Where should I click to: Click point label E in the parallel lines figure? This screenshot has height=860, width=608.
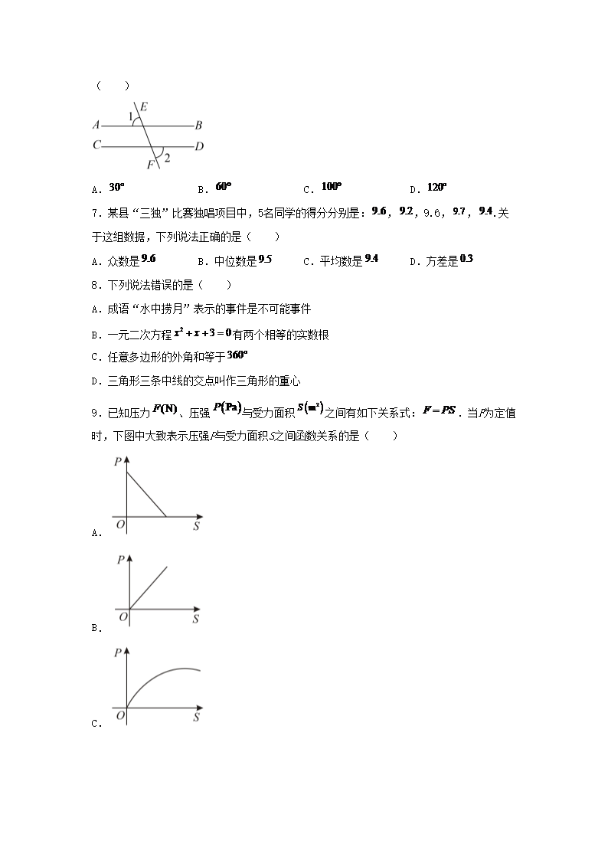(x=144, y=107)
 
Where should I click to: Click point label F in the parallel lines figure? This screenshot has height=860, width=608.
(x=150, y=165)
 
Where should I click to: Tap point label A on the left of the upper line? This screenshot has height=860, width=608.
(x=96, y=125)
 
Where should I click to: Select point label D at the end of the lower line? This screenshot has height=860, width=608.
(x=199, y=146)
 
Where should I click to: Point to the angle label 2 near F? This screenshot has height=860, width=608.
(x=167, y=158)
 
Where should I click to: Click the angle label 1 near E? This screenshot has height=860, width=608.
(x=131, y=116)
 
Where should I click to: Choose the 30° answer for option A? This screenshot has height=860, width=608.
(x=116, y=187)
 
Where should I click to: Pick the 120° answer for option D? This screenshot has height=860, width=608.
(x=436, y=187)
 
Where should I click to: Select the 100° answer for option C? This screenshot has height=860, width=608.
(x=332, y=187)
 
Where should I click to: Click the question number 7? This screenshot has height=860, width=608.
(x=93, y=214)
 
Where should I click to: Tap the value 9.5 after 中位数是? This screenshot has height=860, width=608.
(x=265, y=260)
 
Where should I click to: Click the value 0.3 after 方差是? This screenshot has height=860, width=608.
(x=466, y=260)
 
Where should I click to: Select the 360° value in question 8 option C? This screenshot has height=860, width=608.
(x=238, y=355)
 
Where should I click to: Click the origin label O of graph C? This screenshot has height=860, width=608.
(x=120, y=715)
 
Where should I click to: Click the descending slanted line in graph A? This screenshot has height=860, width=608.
(x=146, y=494)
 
